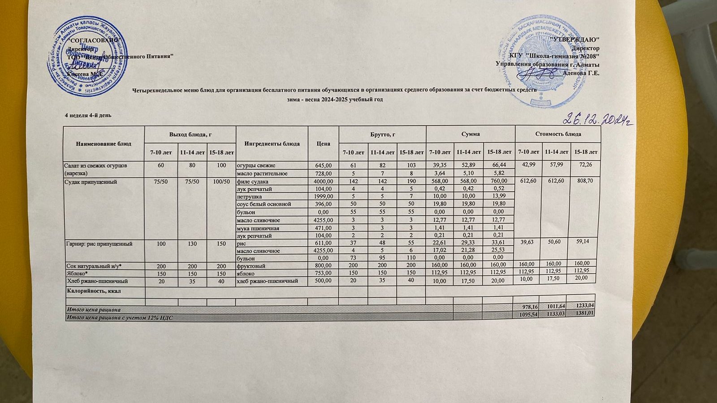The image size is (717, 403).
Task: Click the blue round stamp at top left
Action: [x=87, y=57]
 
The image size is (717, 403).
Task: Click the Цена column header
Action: [x=323, y=144]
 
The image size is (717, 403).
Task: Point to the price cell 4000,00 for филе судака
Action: [x=323, y=181]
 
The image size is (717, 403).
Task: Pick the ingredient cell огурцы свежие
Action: [x=253, y=166]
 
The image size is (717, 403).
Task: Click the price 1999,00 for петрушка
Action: [x=323, y=197]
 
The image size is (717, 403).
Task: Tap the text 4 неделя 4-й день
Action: [x=88, y=116]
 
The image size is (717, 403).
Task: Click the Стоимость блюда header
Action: [x=558, y=134]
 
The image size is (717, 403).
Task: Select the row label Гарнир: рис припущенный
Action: [x=99, y=244]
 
